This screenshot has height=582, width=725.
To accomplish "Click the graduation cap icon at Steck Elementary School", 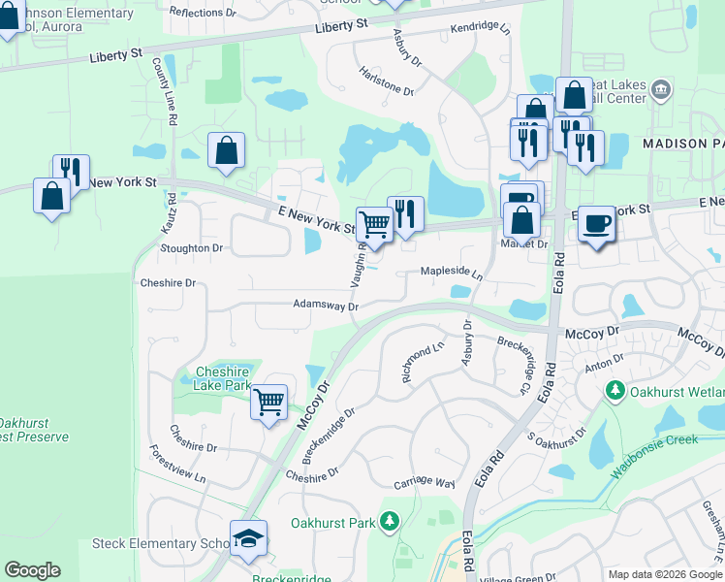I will tap(248, 537).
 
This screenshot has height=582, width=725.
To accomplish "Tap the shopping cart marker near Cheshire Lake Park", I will tap(268, 401).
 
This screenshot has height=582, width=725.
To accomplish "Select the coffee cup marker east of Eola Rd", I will tap(596, 224).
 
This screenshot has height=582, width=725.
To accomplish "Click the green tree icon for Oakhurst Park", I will tap(389, 523).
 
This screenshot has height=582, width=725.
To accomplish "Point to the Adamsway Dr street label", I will tap(327, 305).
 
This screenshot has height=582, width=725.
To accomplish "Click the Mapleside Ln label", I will tap(451, 274).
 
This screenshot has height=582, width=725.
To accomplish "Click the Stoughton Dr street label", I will tap(191, 248).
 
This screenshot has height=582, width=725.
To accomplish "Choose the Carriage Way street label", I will tap(425, 483).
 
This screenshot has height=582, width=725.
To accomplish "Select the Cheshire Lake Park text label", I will tap(208, 378).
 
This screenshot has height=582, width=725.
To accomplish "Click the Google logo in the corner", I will tap(32, 570).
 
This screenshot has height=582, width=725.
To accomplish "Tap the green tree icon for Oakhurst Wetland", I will tap(613, 391).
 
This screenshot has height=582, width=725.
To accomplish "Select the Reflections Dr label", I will tap(202, 13).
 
